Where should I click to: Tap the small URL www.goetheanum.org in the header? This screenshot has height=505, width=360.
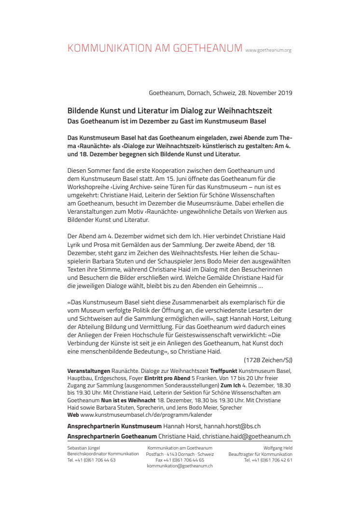point(268,50)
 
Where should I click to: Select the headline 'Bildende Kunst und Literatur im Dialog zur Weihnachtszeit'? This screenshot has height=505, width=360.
point(169,111)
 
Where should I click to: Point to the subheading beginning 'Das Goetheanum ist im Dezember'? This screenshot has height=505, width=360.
point(166,120)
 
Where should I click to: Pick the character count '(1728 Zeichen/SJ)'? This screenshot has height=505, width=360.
point(268,359)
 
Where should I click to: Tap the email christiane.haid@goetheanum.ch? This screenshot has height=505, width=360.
point(246,436)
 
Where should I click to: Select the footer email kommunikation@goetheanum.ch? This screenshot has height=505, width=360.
point(180,466)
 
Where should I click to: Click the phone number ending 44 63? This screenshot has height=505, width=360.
point(91,460)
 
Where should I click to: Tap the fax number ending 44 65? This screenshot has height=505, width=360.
point(180,460)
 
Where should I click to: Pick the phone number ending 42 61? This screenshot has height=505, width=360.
point(268,460)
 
